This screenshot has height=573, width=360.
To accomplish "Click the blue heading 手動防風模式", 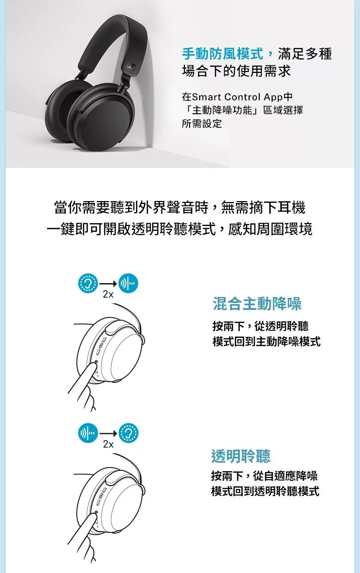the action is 222,54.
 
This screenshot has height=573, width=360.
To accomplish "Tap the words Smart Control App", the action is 237,97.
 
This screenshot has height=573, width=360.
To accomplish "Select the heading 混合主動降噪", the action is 257,304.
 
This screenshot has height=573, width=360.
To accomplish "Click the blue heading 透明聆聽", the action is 241,456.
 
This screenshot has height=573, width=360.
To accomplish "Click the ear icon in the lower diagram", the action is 129,433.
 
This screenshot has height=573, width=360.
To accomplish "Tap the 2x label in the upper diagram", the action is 108,295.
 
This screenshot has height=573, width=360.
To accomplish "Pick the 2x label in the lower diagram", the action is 108,444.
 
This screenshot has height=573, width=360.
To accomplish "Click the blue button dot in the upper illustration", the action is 96,362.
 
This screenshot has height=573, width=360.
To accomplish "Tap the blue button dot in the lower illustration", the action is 96,512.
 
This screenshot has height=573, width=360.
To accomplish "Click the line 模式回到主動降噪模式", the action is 266,342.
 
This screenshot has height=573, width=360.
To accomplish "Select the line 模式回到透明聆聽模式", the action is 265,491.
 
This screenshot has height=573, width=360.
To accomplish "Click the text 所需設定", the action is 202,123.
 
